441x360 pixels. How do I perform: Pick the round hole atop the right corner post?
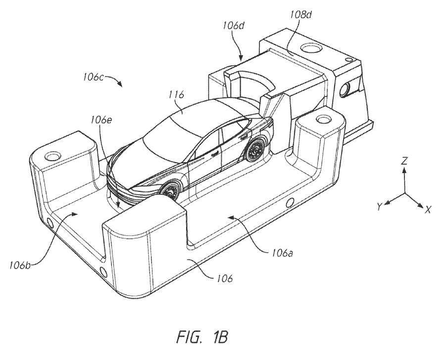(x=324, y=119)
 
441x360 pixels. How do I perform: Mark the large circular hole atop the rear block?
(x=312, y=49)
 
